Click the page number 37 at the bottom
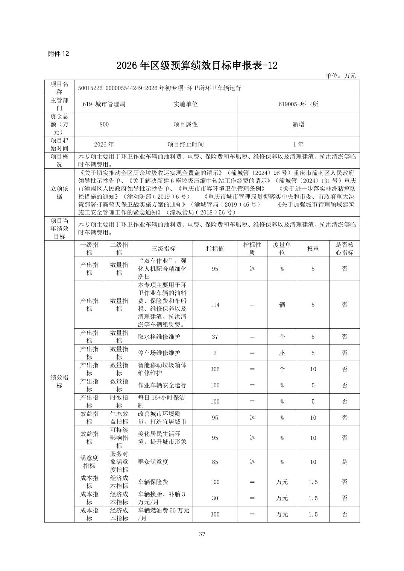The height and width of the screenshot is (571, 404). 202,534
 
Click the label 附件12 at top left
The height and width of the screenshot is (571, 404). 59,54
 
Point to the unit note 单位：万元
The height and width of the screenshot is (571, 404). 340,76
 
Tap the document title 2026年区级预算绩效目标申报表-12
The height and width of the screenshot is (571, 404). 197,65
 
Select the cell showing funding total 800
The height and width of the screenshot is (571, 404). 104,124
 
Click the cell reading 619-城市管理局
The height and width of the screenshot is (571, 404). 104,104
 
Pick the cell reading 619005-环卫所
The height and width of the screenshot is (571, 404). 298,104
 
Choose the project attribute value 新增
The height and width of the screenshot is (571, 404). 298,124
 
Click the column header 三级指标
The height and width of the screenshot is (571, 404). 163,249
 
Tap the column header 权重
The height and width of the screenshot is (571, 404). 313,249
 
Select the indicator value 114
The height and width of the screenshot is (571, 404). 215,305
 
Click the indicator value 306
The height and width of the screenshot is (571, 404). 215,369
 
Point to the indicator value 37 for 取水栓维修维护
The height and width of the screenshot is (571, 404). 215,337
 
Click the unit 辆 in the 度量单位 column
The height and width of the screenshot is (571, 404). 282,305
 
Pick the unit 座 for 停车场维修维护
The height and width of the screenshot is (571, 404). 282,353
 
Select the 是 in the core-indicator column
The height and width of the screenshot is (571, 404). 344,462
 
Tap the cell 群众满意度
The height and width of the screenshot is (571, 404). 153,462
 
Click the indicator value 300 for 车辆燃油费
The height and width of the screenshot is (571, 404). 215,514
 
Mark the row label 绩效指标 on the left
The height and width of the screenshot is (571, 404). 59,382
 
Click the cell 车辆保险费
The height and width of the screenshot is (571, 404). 153,482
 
